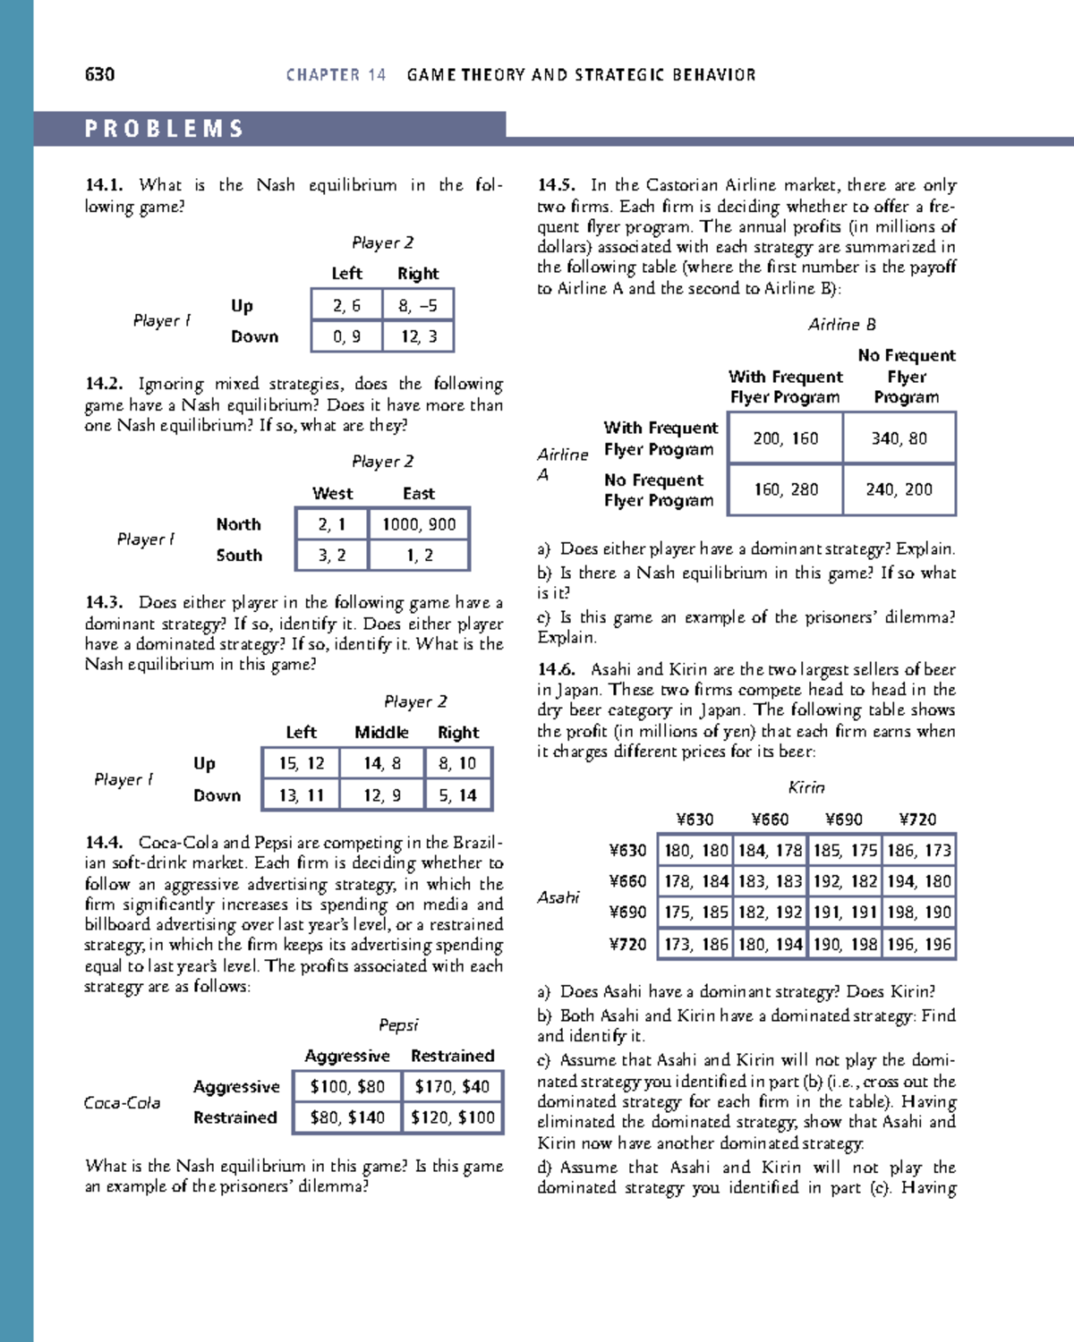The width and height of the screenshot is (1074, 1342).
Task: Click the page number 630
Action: [99, 74]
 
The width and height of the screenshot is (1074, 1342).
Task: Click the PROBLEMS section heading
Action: [165, 129]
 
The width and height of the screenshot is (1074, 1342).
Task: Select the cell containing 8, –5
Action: [418, 305]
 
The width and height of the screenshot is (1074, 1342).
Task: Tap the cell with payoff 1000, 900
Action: [419, 524]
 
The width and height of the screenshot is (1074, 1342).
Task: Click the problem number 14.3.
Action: [103, 603]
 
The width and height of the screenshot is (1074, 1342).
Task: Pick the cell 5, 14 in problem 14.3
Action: [457, 794]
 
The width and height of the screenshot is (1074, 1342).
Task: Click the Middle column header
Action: [381, 733]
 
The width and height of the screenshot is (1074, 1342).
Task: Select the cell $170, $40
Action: [452, 1087]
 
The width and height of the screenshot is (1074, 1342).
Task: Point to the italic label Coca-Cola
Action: [122, 1103]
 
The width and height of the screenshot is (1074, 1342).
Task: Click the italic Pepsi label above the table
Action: [398, 1025]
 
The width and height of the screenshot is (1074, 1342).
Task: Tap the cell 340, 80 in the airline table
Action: [899, 438]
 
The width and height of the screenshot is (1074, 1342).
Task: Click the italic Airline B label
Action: [841, 325]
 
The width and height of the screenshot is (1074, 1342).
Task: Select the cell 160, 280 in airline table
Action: [786, 489]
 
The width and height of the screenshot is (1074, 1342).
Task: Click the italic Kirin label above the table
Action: [805, 787]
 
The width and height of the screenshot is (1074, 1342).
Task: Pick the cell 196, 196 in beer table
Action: [919, 944]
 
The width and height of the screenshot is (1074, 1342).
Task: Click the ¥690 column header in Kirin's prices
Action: [843, 820]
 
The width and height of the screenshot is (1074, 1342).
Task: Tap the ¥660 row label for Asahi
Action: [627, 881]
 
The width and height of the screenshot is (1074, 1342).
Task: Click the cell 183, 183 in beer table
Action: [770, 881]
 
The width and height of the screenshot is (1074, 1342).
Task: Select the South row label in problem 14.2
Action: [239, 556]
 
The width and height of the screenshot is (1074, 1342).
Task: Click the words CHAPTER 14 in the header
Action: [336, 75]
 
